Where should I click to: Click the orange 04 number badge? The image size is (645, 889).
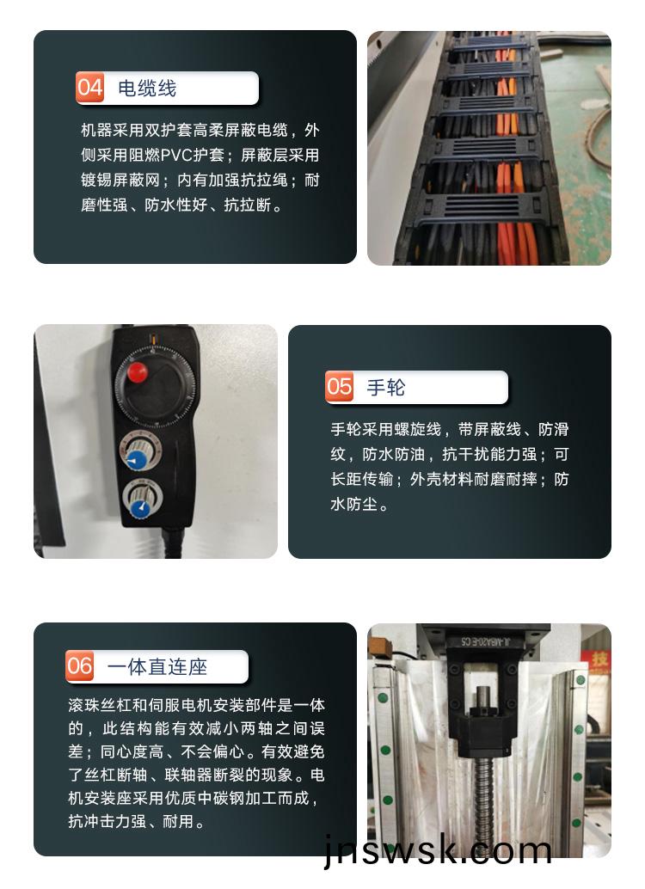[x=89, y=88]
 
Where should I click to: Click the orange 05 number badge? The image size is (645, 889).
[x=339, y=387]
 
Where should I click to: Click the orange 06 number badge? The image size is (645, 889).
[x=79, y=665]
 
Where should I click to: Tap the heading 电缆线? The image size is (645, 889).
[x=147, y=89]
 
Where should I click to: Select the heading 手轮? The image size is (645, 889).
[x=386, y=388]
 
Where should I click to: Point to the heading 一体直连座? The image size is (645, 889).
[x=157, y=667]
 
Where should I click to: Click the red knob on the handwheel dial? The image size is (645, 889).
[x=137, y=372]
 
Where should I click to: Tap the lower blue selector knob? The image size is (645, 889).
[x=139, y=508]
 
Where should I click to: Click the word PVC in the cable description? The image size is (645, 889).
[x=177, y=156]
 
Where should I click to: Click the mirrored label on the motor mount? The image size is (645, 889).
[x=485, y=641]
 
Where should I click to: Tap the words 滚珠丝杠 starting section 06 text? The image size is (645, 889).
[x=99, y=705]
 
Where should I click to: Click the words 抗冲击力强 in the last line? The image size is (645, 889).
[x=107, y=821]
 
